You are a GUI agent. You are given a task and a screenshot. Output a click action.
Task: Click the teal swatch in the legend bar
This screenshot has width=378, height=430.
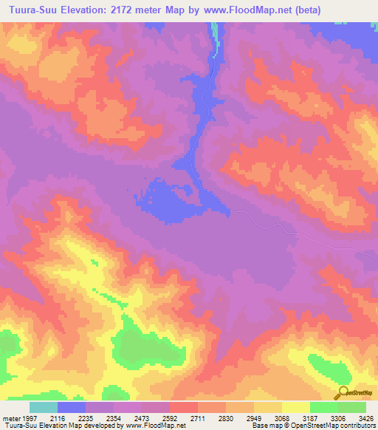click(x=44, y=407)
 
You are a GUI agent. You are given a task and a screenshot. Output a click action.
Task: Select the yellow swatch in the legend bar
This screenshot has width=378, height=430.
click(x=296, y=407)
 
